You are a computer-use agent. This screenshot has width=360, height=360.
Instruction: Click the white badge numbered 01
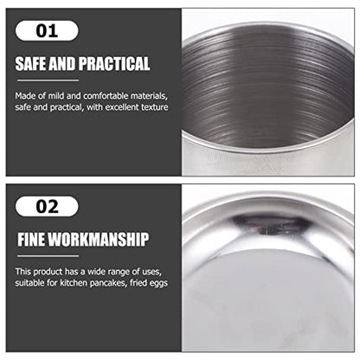point(47,30)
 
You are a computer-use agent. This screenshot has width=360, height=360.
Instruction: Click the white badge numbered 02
point(47,207)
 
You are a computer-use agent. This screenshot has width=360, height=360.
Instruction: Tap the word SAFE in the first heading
point(31,63)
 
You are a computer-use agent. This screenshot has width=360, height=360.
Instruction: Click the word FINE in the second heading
point(31,240)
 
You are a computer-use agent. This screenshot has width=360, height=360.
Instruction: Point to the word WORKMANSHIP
point(99,240)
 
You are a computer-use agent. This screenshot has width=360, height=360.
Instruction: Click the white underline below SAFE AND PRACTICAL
point(48,80)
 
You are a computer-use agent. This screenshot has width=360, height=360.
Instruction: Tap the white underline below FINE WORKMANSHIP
point(48,256)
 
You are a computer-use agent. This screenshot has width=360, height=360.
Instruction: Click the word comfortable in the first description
point(106,96)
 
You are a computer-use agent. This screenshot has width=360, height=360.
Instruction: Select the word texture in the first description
point(155,107)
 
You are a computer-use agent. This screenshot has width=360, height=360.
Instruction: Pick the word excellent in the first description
point(122,107)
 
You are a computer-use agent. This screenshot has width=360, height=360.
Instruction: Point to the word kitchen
point(74,283)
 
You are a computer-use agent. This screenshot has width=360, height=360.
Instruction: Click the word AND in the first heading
point(62,63)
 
